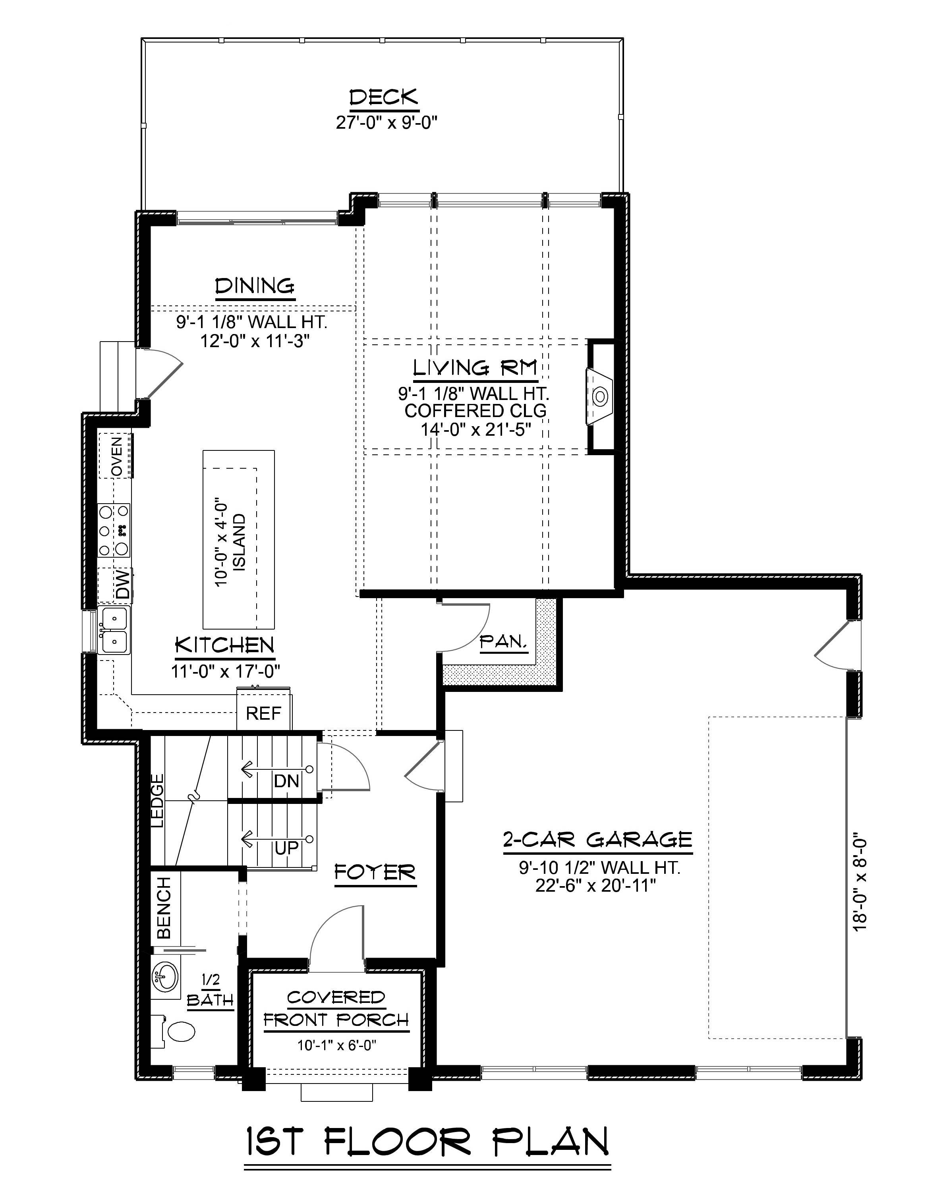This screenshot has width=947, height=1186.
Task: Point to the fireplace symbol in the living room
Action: point(600,396)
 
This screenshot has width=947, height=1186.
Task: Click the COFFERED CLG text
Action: point(475,411)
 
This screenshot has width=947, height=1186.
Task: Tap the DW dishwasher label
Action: point(123,584)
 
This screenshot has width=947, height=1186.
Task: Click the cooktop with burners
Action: point(114,530)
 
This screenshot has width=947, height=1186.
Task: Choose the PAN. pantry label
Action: point(503,641)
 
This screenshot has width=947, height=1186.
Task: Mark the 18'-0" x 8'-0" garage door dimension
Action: point(860,885)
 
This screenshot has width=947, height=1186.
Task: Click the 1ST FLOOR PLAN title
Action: point(427,1141)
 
